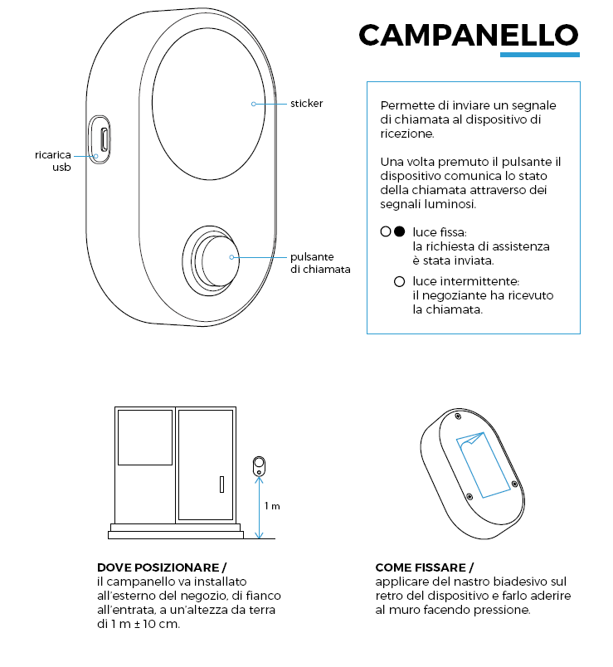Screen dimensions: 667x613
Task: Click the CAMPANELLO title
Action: coord(468,34)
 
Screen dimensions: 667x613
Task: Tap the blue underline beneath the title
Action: coord(539,55)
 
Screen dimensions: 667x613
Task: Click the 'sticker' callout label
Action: coord(306,104)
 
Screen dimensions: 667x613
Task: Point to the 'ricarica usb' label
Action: coord(53,161)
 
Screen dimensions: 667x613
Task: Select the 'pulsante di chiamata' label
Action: coord(320,263)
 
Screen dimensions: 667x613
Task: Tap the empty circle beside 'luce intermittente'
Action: coord(399,281)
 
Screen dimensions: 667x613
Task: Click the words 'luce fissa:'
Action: coord(440,232)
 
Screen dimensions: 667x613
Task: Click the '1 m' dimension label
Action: coord(272,505)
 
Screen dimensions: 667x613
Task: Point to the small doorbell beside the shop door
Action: coord(260,465)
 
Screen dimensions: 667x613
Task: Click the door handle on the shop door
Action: coord(221,484)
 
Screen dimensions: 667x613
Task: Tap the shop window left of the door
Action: coord(144,436)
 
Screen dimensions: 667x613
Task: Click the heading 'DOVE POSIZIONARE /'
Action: coord(161,567)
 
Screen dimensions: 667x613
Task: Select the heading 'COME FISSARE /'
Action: coord(424,567)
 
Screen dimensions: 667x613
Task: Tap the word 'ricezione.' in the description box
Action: coord(406,133)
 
